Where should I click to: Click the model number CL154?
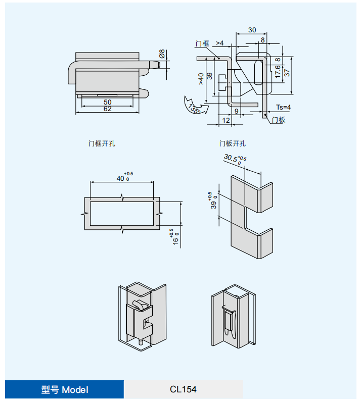183,389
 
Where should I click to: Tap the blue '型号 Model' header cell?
64,389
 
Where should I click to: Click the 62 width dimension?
107,109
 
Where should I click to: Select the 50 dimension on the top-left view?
107,102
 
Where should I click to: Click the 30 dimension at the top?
252,30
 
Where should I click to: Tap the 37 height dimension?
287,72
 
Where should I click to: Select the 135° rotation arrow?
194,106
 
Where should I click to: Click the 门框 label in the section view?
202,44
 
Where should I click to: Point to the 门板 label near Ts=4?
278,120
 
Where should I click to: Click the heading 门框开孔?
102,143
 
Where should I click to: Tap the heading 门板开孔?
233,143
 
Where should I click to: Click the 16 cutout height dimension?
175,237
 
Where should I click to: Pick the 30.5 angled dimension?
234,160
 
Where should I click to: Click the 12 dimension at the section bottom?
226,120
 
